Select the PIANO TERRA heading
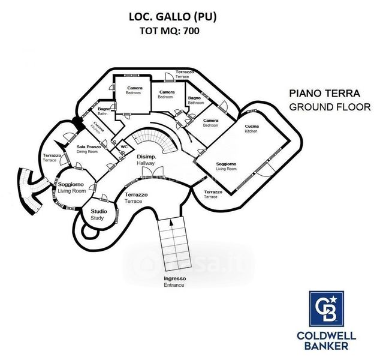coord(324,94)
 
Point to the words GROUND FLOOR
coord(324,107)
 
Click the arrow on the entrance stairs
coord(171,223)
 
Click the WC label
coord(124,146)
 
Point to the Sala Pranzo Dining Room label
coord(89,149)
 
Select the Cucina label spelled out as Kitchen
coord(251,128)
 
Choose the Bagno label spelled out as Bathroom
coord(195,100)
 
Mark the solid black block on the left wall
coord(77,122)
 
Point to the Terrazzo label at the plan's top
coord(185,74)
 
